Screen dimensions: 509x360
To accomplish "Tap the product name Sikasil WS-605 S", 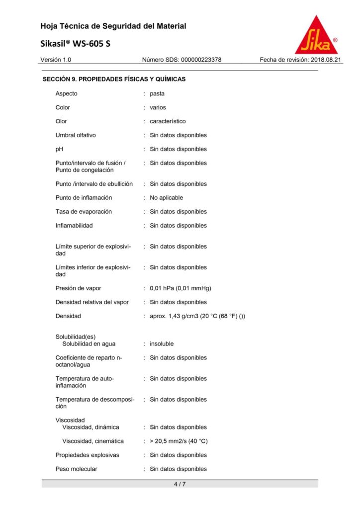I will [x=76, y=44].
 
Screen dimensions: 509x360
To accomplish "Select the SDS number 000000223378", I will [x=181, y=60].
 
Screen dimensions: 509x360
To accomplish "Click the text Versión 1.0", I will [x=56, y=60].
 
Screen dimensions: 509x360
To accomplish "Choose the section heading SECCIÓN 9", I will [x=114, y=79].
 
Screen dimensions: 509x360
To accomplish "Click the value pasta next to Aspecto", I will [x=157, y=93].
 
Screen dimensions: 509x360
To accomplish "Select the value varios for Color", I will [x=158, y=107].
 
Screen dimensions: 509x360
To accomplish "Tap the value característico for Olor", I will [x=168, y=121].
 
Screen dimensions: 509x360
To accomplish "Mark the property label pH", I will [x=60, y=149].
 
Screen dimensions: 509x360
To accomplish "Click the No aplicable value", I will [x=167, y=198].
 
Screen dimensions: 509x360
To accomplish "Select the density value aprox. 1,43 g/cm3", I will [x=197, y=316].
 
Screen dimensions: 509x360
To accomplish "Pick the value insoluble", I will [x=162, y=344].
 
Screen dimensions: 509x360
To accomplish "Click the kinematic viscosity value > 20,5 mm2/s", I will [x=179, y=441].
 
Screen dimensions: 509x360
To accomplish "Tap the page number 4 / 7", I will [x=180, y=484].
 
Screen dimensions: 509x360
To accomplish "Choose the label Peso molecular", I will [x=76, y=469].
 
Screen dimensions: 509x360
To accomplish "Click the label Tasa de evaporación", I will [x=84, y=212].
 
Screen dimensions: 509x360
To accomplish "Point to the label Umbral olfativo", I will [x=76, y=135].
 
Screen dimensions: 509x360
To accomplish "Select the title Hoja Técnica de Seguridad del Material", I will [x=113, y=26].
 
